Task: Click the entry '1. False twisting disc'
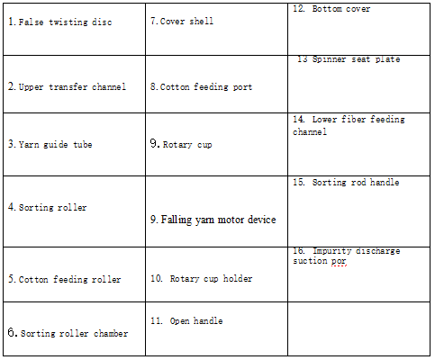[60, 22]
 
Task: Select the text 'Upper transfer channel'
[72, 86]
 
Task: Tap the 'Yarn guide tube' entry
[55, 144]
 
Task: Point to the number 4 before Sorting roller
[12, 207]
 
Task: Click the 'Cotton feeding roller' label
[69, 279]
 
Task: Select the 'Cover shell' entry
[186, 21]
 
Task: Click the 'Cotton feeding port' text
[206, 86]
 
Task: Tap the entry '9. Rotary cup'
[181, 144]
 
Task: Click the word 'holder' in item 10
[238, 278]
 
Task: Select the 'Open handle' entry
[196, 320]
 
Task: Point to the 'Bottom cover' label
[341, 9]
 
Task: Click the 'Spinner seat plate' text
[356, 59]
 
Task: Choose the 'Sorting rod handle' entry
[356, 182]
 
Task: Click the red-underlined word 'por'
[339, 261]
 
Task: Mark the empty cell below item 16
[358, 328]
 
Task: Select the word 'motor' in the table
[231, 220]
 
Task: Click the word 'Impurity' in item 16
[332, 251]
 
